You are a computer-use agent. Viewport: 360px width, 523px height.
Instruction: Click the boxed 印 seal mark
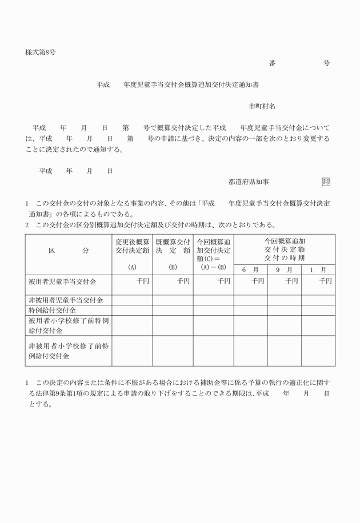[326, 182]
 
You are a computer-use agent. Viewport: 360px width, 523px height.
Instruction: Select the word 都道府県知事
[249, 182]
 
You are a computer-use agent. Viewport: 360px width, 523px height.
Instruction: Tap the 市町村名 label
[262, 106]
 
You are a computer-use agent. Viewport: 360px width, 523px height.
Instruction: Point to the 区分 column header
[69, 251]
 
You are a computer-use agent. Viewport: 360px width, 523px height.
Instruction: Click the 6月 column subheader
[250, 269]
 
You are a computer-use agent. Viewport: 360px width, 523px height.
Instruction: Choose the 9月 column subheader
[284, 269]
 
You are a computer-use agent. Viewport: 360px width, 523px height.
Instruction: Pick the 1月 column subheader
[318, 269]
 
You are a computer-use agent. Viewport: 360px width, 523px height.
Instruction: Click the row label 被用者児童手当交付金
[62, 282]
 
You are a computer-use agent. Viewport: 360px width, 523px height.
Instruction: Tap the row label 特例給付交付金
[53, 310]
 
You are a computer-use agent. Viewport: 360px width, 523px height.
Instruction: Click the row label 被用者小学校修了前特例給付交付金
[69, 325]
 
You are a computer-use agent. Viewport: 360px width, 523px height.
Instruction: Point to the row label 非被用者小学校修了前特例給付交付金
[69, 351]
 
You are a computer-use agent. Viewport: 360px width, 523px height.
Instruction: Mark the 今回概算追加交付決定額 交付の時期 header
[284, 249]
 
